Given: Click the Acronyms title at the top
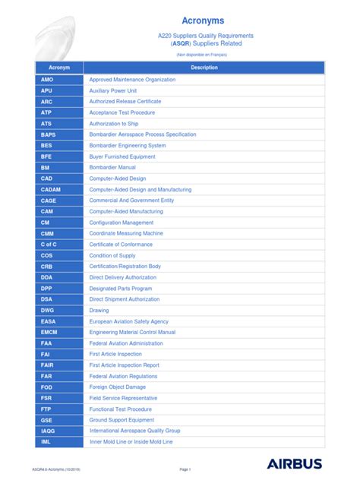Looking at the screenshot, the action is pos(201,21).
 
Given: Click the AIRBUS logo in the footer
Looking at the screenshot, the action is pos(295,463).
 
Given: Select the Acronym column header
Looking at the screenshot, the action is pos(58,68).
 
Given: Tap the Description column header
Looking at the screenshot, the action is pos(204,68).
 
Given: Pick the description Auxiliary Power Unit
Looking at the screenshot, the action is pos(113,90).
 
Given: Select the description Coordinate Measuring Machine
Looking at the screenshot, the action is pos(126,233).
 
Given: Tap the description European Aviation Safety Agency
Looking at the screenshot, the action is pos(129,321).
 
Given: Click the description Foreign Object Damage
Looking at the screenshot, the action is pos(118,387).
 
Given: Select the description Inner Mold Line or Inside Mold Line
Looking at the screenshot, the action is pos(131,442).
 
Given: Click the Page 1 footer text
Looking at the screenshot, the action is pos(185,469).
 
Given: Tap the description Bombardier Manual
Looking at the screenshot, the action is pos(112,167).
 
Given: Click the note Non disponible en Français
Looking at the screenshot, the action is pos(201,55).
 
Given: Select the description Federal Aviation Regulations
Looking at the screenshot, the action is pos(123,376).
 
